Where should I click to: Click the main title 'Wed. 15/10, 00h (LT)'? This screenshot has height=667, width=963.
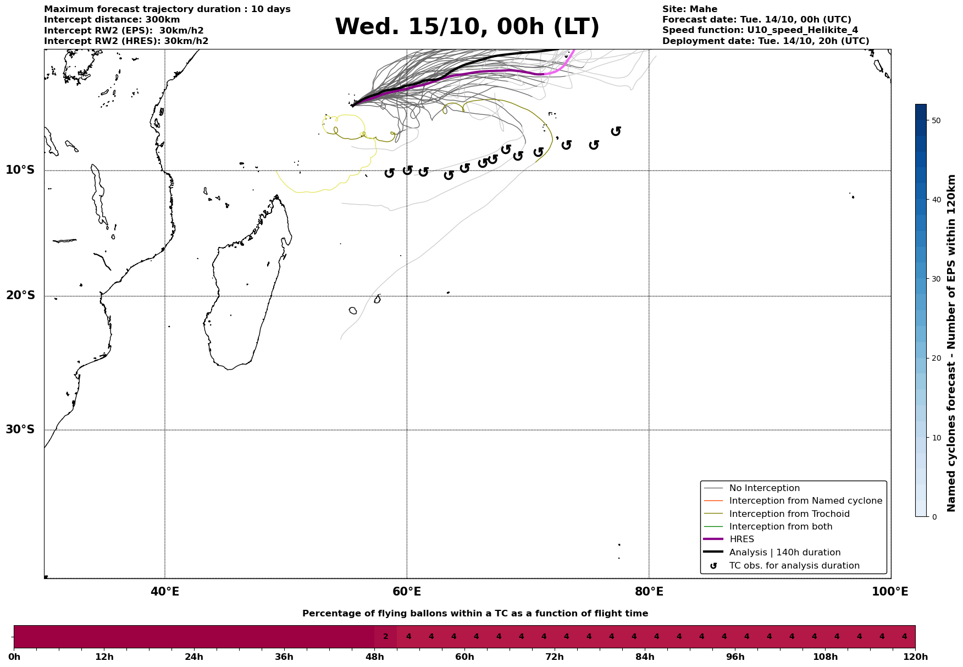click(x=467, y=27)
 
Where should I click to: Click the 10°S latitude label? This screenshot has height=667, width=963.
click(x=20, y=170)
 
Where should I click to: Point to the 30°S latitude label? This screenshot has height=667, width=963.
click(x=20, y=429)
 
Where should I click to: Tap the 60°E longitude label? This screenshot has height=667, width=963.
click(x=407, y=592)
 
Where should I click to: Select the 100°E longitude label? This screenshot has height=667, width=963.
click(x=890, y=592)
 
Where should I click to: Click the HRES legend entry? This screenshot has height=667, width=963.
click(x=741, y=539)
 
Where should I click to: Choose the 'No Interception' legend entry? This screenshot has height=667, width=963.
click(x=764, y=488)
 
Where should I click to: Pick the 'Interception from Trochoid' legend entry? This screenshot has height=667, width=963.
click(x=789, y=514)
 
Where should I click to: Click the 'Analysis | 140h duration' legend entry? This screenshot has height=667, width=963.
click(x=784, y=552)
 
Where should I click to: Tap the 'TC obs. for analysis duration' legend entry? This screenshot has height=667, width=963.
click(x=794, y=565)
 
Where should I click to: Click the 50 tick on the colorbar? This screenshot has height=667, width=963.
click(x=936, y=120)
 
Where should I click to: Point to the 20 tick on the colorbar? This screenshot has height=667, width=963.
click(x=936, y=359)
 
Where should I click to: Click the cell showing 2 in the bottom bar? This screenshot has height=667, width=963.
click(x=385, y=637)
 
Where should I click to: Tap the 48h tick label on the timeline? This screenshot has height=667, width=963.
click(x=374, y=657)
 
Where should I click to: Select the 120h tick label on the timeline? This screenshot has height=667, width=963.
click(x=915, y=657)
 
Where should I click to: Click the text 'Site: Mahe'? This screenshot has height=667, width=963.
click(x=689, y=9)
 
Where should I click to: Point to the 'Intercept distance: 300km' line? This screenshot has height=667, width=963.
click(x=112, y=20)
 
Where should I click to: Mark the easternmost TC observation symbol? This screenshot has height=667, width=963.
click(x=616, y=131)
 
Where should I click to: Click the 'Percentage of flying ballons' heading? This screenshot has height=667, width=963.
click(x=475, y=614)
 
